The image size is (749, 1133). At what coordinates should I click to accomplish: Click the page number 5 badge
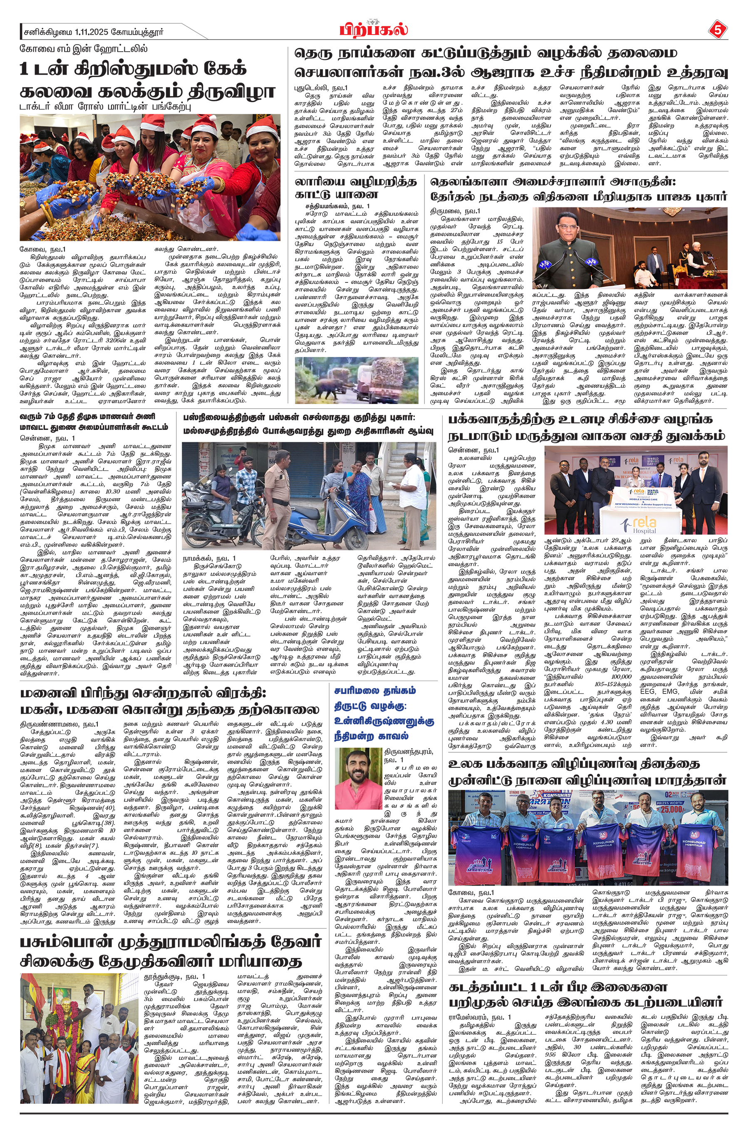(x=717, y=30)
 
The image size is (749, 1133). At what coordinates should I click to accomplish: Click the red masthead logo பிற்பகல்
(x=374, y=30)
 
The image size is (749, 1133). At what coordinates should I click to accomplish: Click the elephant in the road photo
(x=330, y=381)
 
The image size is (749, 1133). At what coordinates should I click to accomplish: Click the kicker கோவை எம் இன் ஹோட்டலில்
(x=84, y=49)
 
